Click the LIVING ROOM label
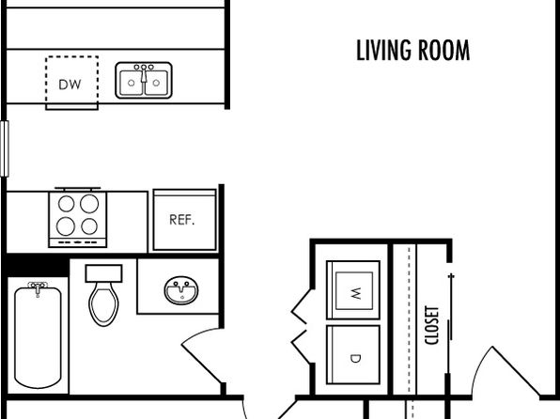412,51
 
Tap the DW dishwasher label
70,85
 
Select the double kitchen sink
144,81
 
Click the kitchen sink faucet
144,71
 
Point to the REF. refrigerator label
181,220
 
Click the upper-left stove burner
66,204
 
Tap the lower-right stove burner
89,226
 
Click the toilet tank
104,273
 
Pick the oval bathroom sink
181,290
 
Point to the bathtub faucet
38,287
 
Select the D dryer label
355,358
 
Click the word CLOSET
431,325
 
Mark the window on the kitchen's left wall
5,148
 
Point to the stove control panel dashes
77,242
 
